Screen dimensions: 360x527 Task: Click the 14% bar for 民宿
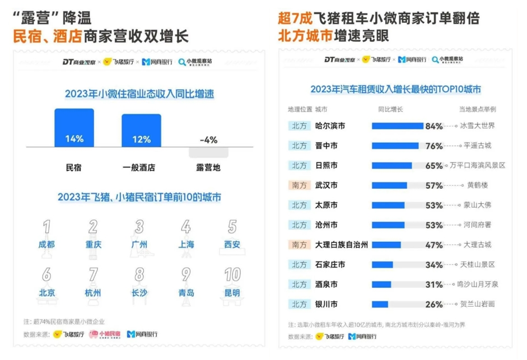(x=74, y=128)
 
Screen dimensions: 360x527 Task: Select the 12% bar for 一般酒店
(x=141, y=131)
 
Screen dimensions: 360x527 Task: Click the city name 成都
(x=47, y=244)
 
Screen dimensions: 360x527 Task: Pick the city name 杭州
(x=94, y=292)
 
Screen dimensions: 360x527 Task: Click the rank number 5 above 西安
(x=232, y=226)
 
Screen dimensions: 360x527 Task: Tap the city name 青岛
(x=186, y=292)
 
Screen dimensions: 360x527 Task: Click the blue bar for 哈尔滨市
(x=397, y=126)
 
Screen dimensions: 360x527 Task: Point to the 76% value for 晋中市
(x=433, y=146)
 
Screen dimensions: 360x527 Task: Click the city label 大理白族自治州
(x=342, y=245)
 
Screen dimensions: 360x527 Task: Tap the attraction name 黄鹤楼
(x=478, y=185)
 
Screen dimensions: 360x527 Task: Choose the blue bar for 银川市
(x=380, y=304)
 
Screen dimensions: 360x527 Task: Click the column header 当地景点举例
(x=478, y=109)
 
